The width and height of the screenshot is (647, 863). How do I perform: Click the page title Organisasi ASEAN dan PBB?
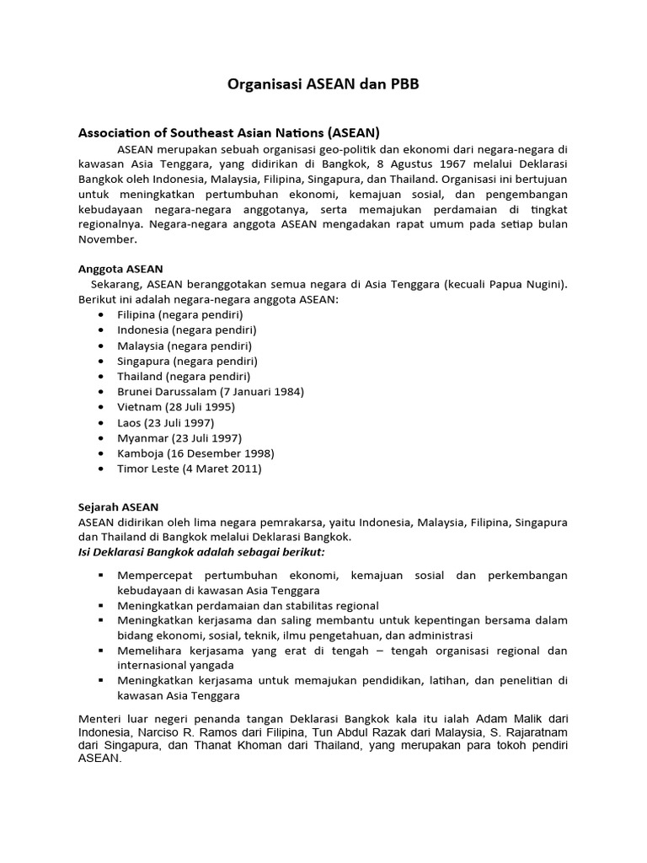323,85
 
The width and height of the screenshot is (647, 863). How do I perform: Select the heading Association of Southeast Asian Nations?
229,132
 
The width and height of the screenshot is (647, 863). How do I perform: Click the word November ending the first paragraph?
107,239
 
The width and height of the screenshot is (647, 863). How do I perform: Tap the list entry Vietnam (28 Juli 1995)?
176,407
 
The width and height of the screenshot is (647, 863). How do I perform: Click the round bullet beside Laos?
101,423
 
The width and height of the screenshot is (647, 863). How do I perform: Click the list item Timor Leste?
147,469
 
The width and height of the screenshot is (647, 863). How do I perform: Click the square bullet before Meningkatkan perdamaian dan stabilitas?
101,606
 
